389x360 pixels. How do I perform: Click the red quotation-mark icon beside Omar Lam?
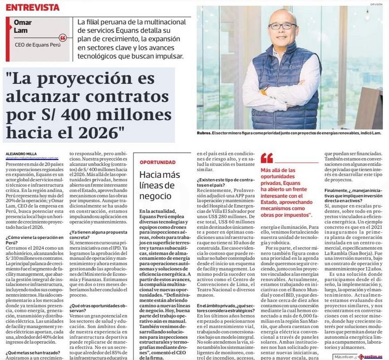point(62,38)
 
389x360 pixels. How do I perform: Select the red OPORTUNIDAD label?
point(158,163)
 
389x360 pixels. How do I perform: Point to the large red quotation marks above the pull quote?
point(267,157)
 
